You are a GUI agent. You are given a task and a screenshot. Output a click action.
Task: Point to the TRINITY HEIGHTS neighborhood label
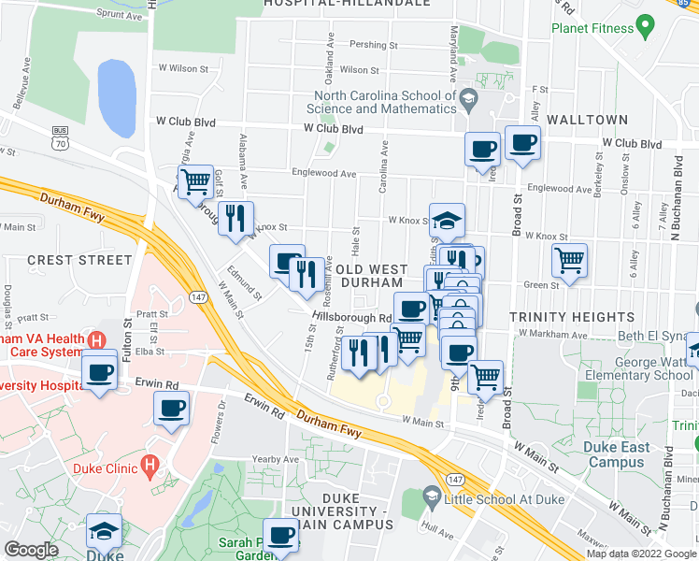pos(560,318)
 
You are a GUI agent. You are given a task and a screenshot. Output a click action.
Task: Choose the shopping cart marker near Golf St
pos(194,181)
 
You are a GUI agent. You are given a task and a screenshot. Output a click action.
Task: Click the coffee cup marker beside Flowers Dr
pos(171,409)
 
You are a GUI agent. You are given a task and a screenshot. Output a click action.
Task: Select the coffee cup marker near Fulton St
pos(99,372)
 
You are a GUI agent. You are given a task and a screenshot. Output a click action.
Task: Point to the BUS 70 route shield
pos(61,137)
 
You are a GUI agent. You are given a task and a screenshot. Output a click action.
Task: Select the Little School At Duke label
pos(506,498)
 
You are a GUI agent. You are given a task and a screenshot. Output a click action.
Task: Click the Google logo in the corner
pos(33,549)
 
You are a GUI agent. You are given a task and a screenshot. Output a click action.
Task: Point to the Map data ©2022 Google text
pos(640,554)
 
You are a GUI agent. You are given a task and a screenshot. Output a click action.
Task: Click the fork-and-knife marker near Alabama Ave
pos(235,218)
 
